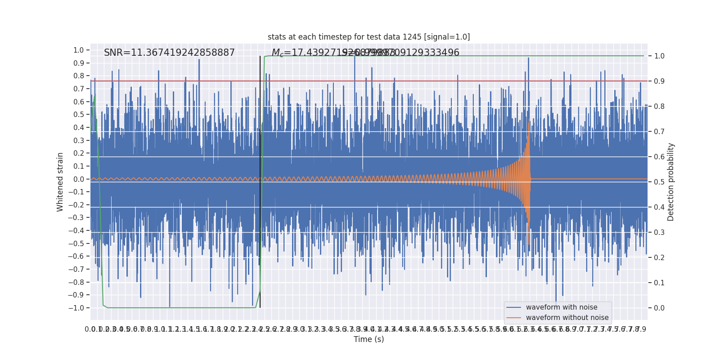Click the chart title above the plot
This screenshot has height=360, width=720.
369,37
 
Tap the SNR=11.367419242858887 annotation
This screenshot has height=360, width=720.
169,53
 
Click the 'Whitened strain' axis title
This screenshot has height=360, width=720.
60,182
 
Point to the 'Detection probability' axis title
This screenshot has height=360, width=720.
671,182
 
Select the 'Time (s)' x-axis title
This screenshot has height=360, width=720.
369,339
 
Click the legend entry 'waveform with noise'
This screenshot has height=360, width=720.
561,307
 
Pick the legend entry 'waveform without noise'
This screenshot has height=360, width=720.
567,318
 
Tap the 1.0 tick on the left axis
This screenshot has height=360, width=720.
79,50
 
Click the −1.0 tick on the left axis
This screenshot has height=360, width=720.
76,308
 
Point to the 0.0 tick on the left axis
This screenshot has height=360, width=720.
79,179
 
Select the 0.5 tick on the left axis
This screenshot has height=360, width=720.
79,114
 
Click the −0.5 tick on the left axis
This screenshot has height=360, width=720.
76,243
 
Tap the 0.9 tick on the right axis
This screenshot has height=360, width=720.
659,81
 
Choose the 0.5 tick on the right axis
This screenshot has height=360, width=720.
659,182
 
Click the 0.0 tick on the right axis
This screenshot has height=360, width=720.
659,308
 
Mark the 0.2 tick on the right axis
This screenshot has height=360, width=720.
659,257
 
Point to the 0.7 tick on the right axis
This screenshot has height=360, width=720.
659,131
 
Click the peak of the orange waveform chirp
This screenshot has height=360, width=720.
529,121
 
